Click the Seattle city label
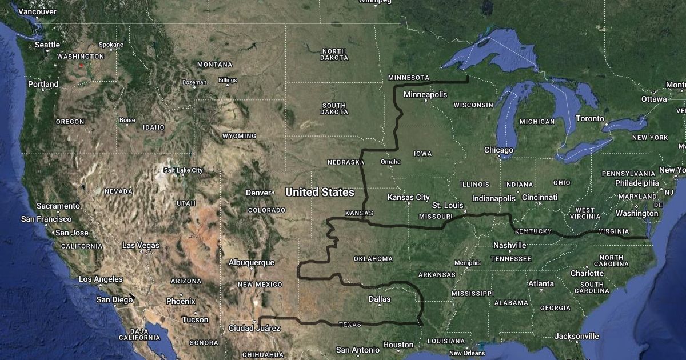tap(47, 45)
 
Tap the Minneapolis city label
tap(425, 94)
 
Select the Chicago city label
tap(498, 150)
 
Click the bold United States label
tap(320, 192)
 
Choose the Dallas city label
tap(380, 299)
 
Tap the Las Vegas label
tap(141, 245)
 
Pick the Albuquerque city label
tap(251, 262)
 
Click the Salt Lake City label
tap(183, 170)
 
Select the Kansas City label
tap(408, 197)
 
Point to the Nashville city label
tap(509, 245)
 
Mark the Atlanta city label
tap(541, 283)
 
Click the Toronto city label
tap(589, 119)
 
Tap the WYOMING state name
tap(239, 136)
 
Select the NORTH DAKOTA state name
tap(334, 54)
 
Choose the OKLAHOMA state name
tap(373, 259)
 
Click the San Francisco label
tap(46, 219)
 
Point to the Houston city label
tap(398, 345)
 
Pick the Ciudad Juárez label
tap(254, 328)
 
